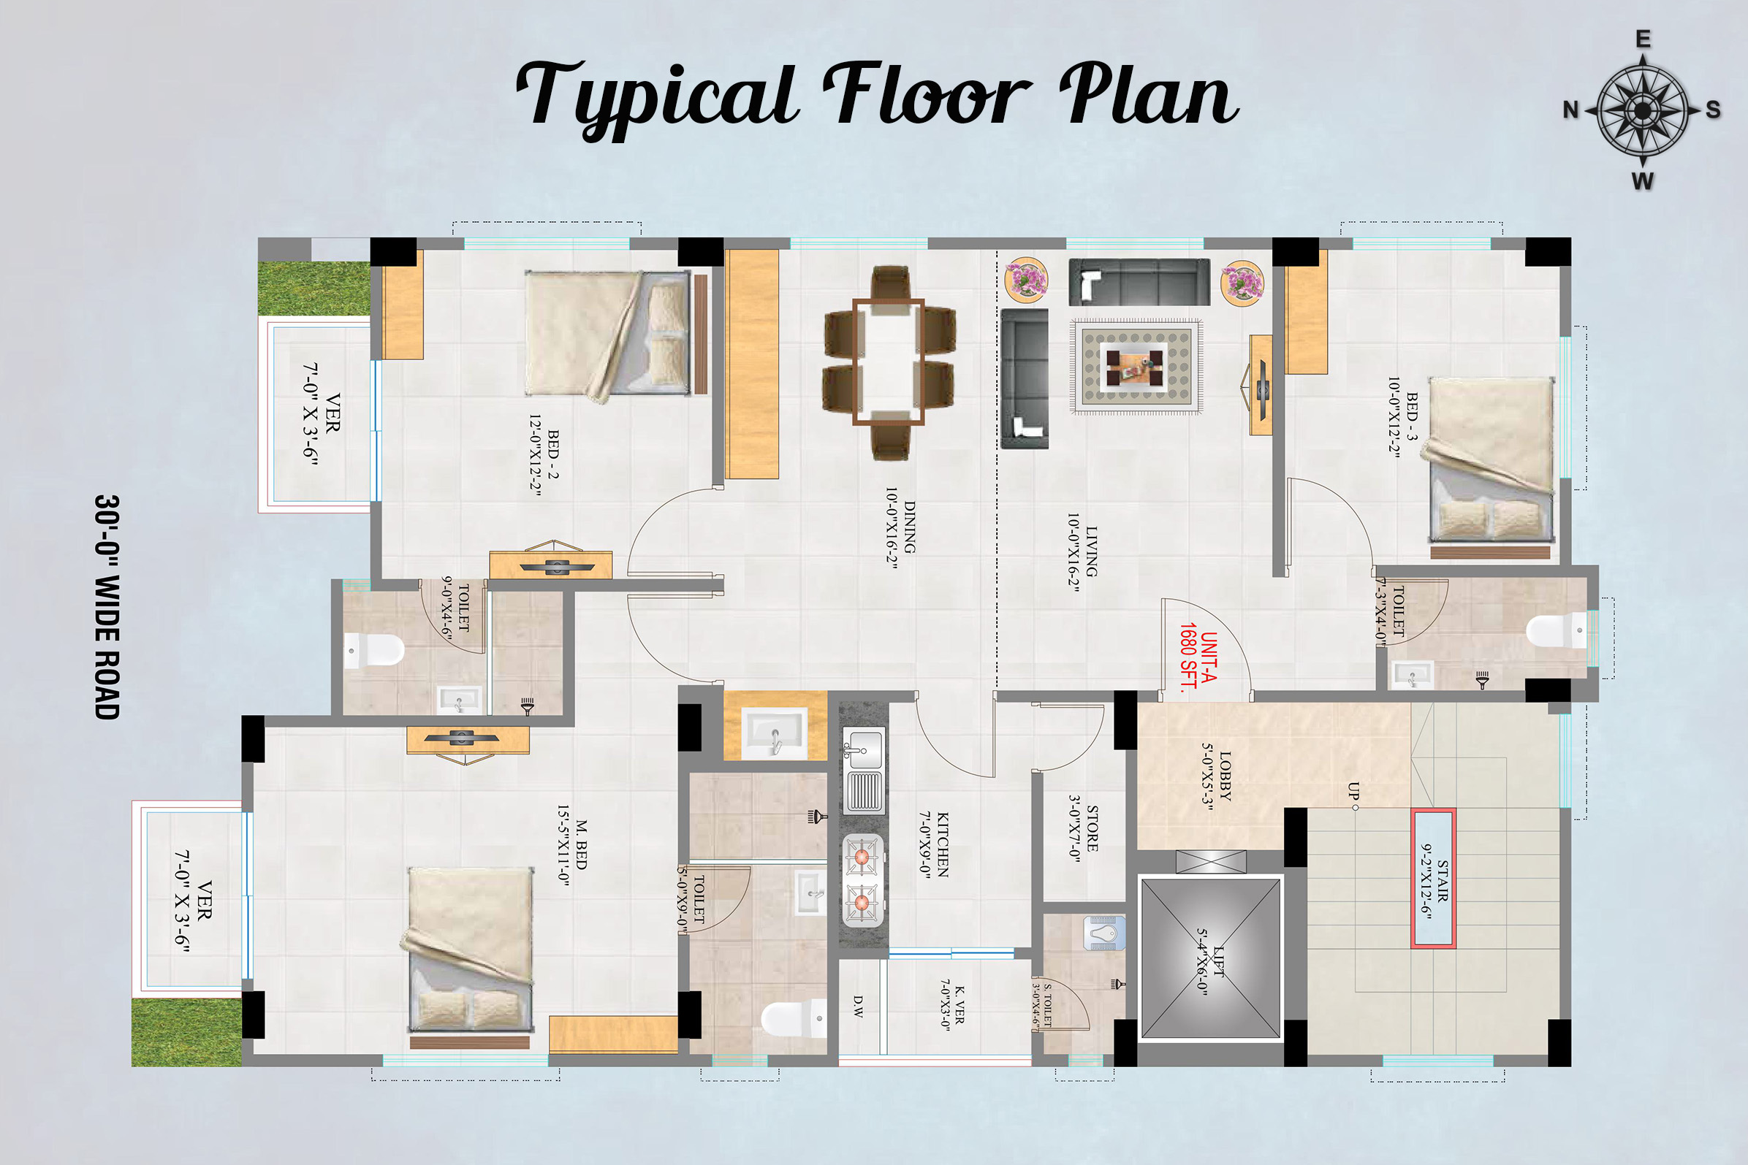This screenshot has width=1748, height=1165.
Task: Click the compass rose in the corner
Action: pos(1643,111)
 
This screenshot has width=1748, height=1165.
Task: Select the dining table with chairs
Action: pos(889,362)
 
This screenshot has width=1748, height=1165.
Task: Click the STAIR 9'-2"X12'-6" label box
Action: pos(1433,878)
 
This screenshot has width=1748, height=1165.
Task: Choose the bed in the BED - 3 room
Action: pos(1491,459)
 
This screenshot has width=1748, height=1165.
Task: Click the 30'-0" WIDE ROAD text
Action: pos(107,606)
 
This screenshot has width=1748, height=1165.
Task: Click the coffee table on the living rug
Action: pos(1135,367)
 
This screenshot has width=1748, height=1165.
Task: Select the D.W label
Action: pos(859,1006)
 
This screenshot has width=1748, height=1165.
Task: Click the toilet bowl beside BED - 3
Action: pos(1555,631)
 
